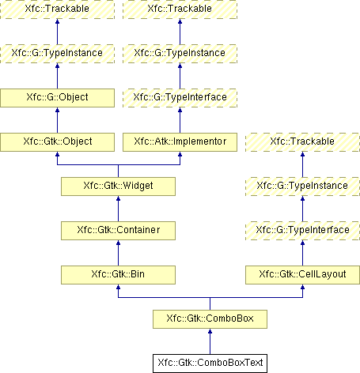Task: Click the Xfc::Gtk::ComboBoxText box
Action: (210, 364)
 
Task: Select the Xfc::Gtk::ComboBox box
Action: (210, 319)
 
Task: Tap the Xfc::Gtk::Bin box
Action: (118, 275)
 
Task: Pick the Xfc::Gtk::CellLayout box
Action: (302, 275)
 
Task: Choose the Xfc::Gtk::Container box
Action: (118, 231)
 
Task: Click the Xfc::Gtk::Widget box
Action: (118, 186)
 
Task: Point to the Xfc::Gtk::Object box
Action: (57, 142)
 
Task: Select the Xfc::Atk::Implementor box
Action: (180, 142)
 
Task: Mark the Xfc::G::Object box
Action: (57, 98)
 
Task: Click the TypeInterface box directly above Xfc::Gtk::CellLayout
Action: (302, 231)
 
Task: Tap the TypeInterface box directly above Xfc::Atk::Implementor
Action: (180, 98)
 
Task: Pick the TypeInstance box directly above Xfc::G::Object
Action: (57, 54)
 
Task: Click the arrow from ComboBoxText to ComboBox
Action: (210, 341)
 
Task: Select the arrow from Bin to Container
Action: (118, 253)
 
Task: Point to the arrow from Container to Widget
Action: (118, 209)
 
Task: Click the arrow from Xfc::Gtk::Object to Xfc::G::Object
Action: (57, 120)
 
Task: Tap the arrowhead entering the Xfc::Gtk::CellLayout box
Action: (302, 287)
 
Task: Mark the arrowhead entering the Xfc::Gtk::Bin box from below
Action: (118, 287)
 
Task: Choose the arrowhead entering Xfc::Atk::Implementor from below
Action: (180, 154)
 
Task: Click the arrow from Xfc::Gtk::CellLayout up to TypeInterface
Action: (302, 253)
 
